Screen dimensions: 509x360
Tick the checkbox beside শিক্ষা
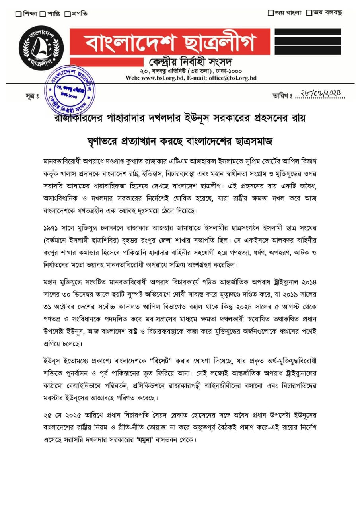pos(18,14)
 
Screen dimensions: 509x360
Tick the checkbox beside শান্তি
pos(43,14)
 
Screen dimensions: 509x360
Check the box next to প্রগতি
pos(67,14)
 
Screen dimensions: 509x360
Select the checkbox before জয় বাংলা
pos(270,12)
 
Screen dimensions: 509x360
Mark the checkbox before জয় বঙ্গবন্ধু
pos(309,12)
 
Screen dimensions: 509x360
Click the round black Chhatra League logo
pos(41,48)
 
